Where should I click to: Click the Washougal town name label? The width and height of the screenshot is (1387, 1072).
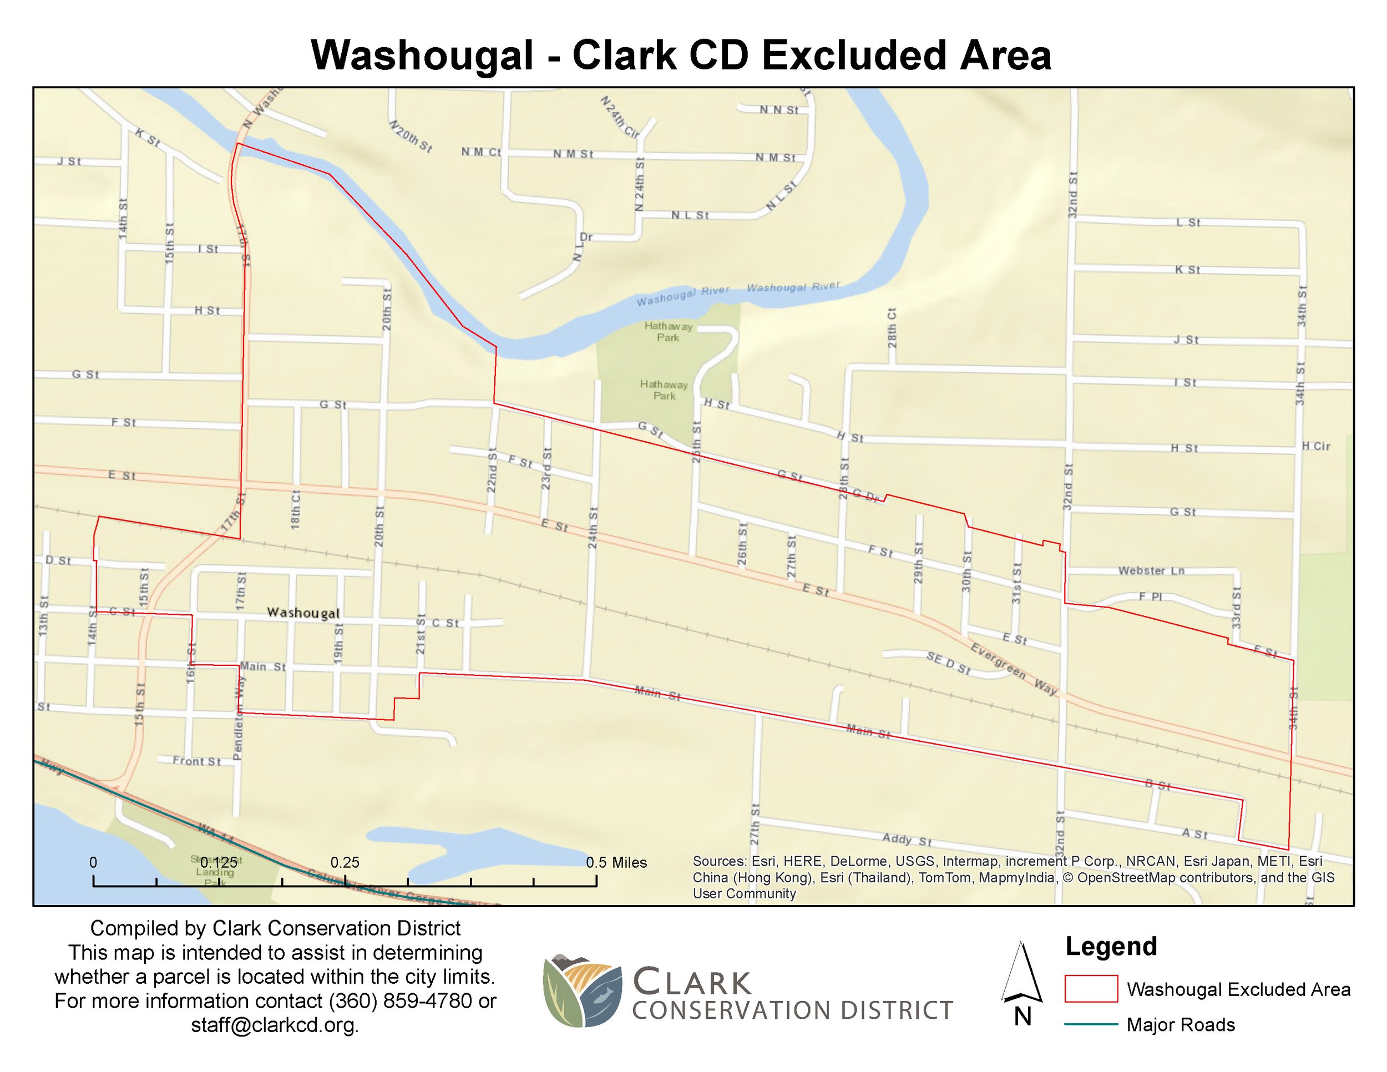pyautogui.click(x=303, y=613)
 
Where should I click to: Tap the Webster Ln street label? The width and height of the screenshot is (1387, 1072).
pyautogui.click(x=1151, y=570)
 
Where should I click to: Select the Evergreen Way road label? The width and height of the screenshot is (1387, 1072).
pyautogui.click(x=1014, y=669)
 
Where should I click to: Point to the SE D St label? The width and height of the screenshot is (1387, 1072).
pyautogui.click(x=948, y=663)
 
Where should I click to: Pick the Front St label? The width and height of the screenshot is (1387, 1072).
pyautogui.click(x=197, y=761)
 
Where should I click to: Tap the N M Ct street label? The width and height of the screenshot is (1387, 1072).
pyautogui.click(x=481, y=153)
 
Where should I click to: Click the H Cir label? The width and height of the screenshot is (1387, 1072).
pyautogui.click(x=1316, y=447)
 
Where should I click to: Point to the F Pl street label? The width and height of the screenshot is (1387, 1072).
pyautogui.click(x=1150, y=597)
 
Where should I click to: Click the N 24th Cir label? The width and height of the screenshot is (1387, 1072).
pyautogui.click(x=620, y=118)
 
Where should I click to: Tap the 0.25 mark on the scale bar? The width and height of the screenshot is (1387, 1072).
pyautogui.click(x=345, y=862)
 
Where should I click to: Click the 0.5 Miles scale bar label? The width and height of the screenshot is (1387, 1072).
pyautogui.click(x=616, y=862)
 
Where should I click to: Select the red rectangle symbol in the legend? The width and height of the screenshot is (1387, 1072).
pyautogui.click(x=1091, y=989)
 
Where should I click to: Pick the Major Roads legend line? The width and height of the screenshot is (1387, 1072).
pyautogui.click(x=1091, y=1024)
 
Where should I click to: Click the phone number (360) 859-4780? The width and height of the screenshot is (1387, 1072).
pyautogui.click(x=400, y=1002)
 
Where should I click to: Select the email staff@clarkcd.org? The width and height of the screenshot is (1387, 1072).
pyautogui.click(x=275, y=1025)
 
